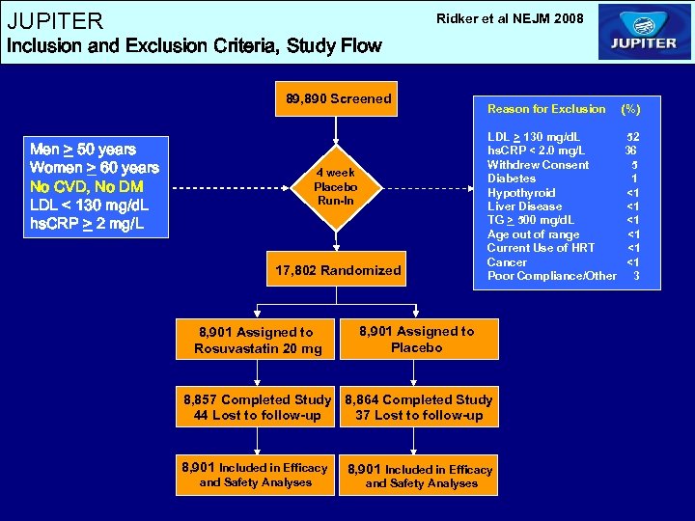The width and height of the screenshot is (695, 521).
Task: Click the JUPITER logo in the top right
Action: (x=644, y=32)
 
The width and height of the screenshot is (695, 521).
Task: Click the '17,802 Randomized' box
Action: (x=338, y=270)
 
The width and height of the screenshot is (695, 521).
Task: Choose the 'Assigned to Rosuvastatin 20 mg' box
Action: (x=258, y=340)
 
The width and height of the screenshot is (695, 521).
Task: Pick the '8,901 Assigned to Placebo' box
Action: (x=416, y=339)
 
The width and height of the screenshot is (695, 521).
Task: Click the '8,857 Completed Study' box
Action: (x=256, y=399)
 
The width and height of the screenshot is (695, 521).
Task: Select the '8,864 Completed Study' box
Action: (x=418, y=399)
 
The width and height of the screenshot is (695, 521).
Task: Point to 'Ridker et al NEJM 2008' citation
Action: (x=510, y=17)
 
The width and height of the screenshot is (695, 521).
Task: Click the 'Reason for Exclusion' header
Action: (x=546, y=109)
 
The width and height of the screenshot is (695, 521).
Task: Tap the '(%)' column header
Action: (x=630, y=109)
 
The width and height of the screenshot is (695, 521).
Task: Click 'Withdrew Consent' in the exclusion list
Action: (x=538, y=165)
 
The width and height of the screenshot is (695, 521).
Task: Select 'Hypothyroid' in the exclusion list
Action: (x=521, y=193)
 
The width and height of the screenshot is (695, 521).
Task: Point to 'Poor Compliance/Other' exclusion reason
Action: (x=551, y=276)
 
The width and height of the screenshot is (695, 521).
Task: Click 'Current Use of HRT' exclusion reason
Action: (x=541, y=248)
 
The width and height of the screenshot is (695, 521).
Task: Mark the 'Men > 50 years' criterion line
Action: (x=83, y=150)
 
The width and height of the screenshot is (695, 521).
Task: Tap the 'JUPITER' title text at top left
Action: (x=55, y=20)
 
